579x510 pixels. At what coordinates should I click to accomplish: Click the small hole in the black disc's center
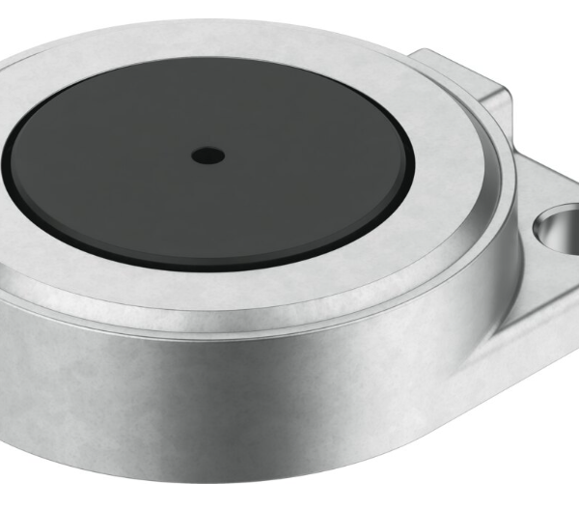point(207,155)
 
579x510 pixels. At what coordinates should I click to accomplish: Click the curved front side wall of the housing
point(241,406)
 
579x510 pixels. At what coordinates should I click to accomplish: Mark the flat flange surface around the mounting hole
point(540,280)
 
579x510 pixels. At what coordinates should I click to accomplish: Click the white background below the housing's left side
point(19,483)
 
